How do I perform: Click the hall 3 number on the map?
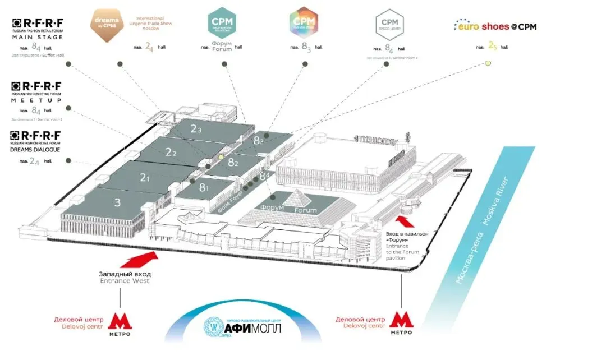[x=118, y=203]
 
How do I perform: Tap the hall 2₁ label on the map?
[x=145, y=178]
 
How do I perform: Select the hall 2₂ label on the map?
[x=171, y=152]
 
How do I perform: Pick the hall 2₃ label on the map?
[x=195, y=129]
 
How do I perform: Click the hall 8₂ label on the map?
[x=233, y=163]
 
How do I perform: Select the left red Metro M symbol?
[x=120, y=321]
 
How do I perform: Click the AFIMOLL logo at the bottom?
[x=242, y=325]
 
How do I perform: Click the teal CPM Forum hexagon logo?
[x=222, y=22]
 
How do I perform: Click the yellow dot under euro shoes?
[x=488, y=63]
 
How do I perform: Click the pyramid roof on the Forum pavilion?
[x=291, y=200]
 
